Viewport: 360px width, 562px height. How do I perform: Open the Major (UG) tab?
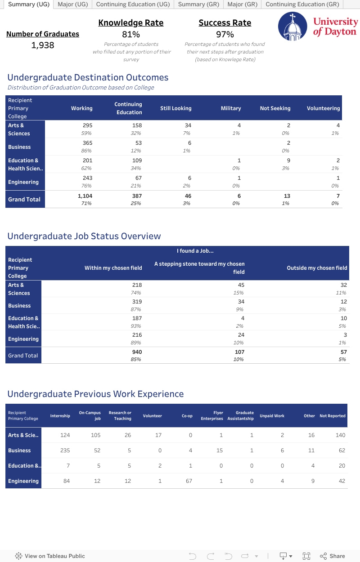[72, 4]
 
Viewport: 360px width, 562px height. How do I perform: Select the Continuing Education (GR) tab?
[302, 4]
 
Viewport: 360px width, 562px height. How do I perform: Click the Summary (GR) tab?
[198, 4]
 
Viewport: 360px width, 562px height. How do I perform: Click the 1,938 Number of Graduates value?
[43, 45]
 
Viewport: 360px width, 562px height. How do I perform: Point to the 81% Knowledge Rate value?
[131, 34]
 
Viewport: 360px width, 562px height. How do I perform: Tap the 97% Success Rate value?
[225, 34]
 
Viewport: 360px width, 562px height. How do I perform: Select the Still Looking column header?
[175, 108]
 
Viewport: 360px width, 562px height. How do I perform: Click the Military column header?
[231, 108]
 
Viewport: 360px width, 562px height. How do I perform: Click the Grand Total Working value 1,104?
[85, 196]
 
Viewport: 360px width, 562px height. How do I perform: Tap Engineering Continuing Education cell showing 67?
[139, 178]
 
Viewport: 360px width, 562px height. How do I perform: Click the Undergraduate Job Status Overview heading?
[84, 236]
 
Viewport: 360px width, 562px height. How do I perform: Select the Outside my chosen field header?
[317, 268]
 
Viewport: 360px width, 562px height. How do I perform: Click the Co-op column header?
[187, 416]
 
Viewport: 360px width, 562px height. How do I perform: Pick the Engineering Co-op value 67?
[189, 481]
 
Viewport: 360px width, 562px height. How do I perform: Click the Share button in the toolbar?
[333, 556]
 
